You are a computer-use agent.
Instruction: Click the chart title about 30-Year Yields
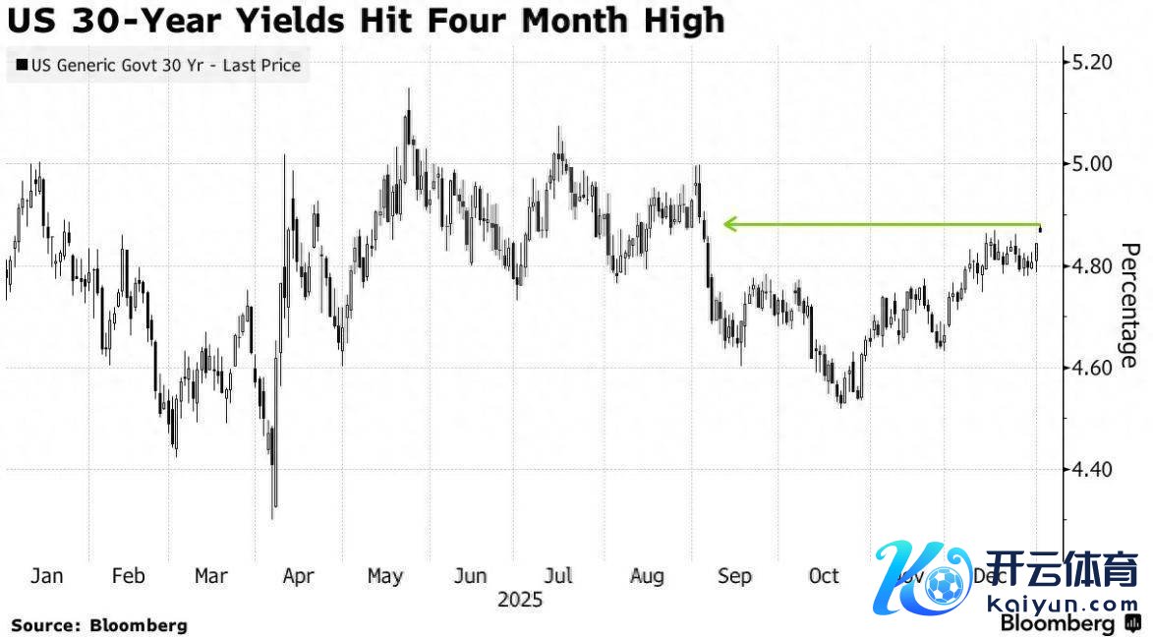[365, 21]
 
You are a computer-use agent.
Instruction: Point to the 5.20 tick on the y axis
[1090, 62]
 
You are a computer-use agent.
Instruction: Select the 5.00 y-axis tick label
[1090, 163]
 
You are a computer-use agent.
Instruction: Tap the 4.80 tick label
[1090, 265]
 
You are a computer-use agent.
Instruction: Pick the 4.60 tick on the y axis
[1090, 368]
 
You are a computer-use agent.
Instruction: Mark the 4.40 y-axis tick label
[1090, 470]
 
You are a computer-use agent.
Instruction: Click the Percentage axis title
[1130, 305]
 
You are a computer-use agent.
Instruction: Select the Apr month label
[298, 576]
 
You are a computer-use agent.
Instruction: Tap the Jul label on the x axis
[559, 576]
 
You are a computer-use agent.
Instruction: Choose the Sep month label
[734, 576]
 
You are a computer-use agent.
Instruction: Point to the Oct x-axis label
[823, 576]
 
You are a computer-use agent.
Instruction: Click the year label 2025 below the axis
[520, 599]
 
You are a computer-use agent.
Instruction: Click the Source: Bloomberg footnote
[98, 624]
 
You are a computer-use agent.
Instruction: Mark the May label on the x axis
[384, 576]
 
